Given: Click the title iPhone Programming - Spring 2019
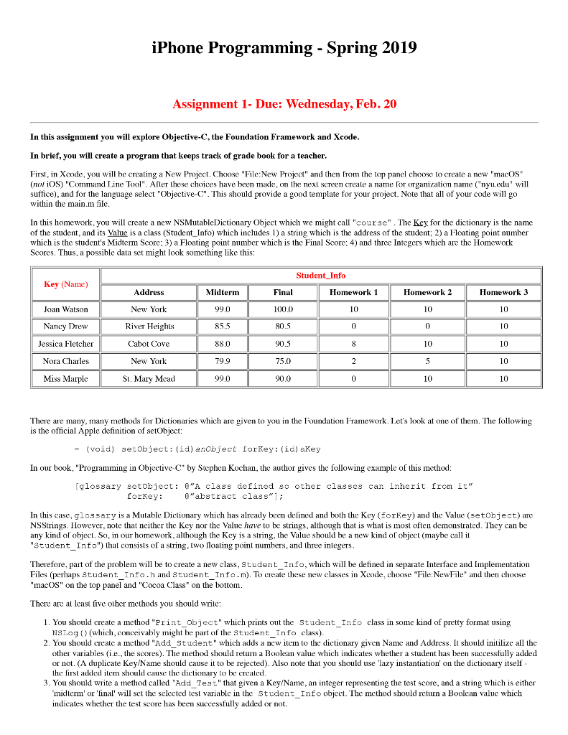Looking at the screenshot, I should coord(284,48).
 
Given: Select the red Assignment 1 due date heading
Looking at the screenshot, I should coord(284,104).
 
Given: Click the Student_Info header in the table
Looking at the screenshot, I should coord(320,275).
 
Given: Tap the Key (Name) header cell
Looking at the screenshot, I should coord(65,284).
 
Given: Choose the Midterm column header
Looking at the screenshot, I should coord(222,292).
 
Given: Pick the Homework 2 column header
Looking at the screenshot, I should coord(427,292).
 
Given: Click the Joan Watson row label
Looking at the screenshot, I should coord(65,309).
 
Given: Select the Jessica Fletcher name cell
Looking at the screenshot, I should coord(65,344).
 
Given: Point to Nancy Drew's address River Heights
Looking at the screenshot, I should coord(149,327).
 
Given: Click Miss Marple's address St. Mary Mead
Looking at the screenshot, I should coord(149,378).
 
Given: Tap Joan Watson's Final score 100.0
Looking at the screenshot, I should coord(283,309).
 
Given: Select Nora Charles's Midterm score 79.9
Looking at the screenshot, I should coord(222,361).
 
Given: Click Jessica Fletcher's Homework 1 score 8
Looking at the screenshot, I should coord(353,344).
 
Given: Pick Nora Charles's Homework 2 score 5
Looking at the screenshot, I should coord(427,361).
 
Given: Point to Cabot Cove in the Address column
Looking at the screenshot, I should coord(149,344).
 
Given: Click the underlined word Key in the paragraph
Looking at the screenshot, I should coord(424,223).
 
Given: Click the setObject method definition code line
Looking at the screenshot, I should coord(203,449).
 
